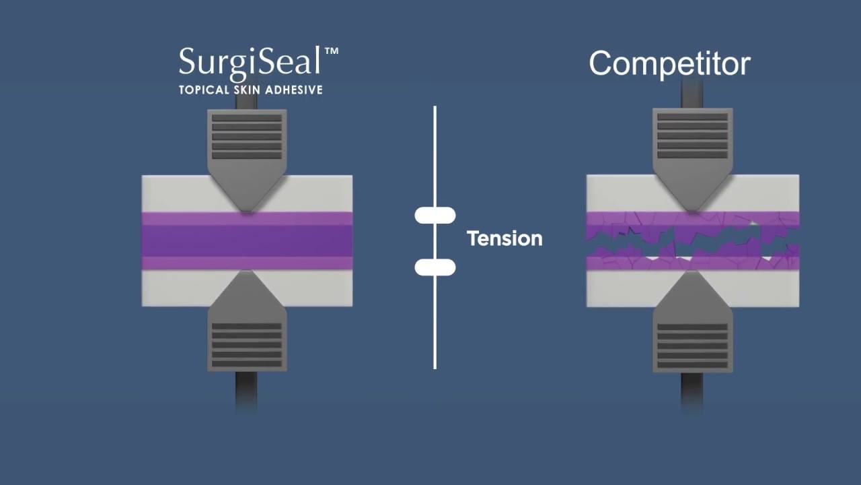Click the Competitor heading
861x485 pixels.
[x=669, y=64]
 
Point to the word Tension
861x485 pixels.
[x=504, y=238]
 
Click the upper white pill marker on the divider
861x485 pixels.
[x=435, y=216]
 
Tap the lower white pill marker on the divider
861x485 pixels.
[x=435, y=267]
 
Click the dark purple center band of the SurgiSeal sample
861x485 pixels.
[x=247, y=240]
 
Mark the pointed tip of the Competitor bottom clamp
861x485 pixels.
[x=692, y=273]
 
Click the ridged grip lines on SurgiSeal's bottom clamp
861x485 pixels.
[x=247, y=345]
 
